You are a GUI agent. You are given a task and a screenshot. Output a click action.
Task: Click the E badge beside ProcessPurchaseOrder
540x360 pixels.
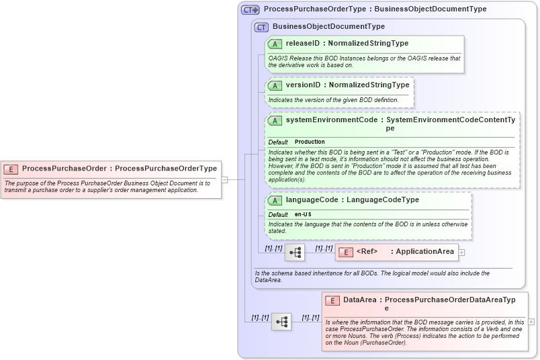(x=11, y=169)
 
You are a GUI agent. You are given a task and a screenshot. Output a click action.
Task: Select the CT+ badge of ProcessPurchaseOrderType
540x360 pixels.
(x=251, y=9)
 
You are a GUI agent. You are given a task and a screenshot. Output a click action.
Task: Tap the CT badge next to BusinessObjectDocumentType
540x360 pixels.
(x=262, y=27)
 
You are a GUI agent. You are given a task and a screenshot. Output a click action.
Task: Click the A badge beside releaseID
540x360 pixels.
(x=275, y=44)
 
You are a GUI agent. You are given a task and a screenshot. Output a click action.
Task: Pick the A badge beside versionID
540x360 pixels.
(x=275, y=85)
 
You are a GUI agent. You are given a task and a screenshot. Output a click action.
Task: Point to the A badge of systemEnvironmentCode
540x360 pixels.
(x=275, y=121)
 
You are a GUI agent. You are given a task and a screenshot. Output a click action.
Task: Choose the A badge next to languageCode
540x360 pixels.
(x=275, y=200)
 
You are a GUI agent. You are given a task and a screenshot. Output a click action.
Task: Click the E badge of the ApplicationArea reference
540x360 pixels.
(x=345, y=252)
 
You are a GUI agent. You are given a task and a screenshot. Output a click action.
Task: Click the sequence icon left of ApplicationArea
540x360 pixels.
(x=295, y=253)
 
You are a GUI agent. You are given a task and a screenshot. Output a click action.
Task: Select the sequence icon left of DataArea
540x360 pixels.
(x=281, y=322)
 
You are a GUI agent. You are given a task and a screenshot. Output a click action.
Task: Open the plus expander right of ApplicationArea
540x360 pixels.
(x=461, y=253)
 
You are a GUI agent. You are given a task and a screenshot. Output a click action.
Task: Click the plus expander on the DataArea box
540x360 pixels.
(x=531, y=322)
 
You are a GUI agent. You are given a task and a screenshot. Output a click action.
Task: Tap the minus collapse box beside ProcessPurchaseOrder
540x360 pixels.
(x=225, y=179)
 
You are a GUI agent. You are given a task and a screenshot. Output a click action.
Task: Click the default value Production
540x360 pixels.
(x=310, y=142)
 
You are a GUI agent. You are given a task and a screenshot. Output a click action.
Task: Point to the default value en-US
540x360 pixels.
(x=303, y=214)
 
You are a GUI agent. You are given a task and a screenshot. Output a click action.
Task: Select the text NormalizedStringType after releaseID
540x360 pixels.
(x=368, y=44)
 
